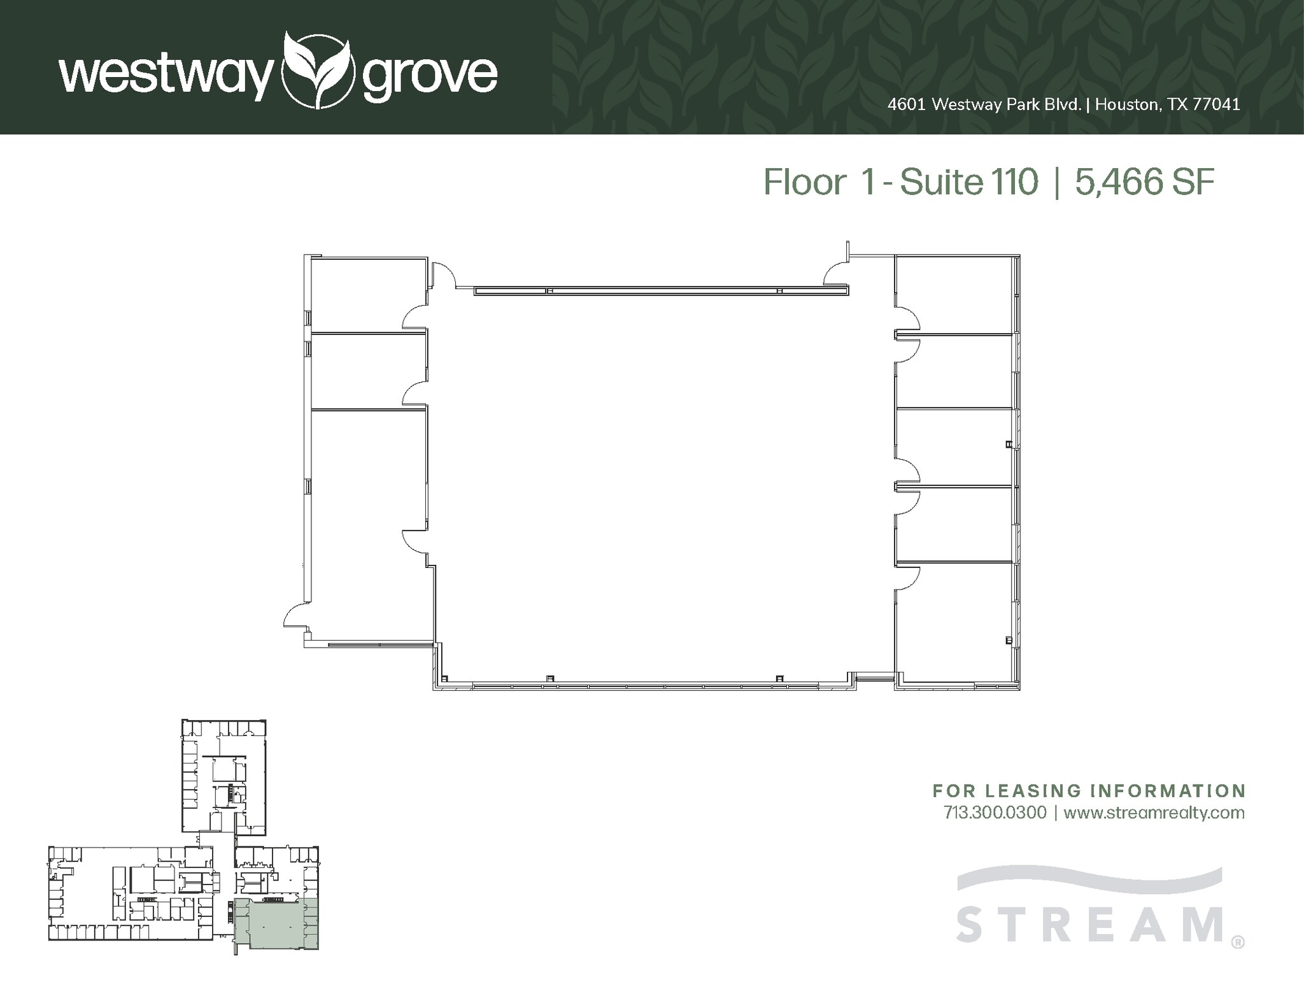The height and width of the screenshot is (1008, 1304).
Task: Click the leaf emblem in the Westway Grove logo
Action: click(317, 69)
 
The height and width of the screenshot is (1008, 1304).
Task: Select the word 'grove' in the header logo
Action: click(429, 76)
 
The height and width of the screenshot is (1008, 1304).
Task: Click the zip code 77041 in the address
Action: click(1216, 104)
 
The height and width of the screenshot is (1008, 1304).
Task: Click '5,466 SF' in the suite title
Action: click(1145, 182)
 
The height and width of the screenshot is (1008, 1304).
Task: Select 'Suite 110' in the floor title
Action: click(970, 182)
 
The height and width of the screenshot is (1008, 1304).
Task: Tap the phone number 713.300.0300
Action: click(995, 813)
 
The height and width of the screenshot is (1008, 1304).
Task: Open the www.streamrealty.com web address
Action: click(1154, 813)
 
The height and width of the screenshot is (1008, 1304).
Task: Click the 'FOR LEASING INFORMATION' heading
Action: click(1089, 791)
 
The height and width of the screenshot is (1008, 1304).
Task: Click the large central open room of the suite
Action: click(662, 484)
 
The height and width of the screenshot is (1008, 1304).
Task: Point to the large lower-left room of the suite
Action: click(368, 522)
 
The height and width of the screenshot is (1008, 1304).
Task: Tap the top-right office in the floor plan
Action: click(953, 294)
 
